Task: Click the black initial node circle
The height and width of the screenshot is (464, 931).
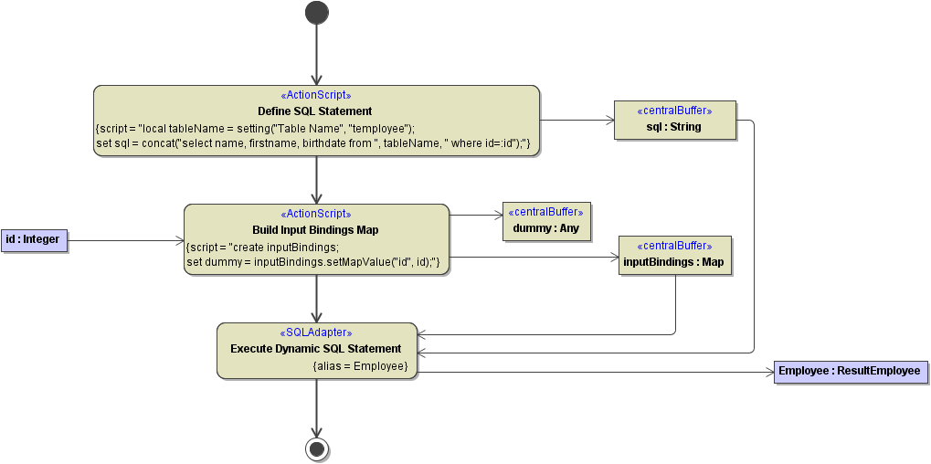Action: pyautogui.click(x=316, y=12)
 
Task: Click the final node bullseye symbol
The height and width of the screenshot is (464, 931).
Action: pyautogui.click(x=316, y=448)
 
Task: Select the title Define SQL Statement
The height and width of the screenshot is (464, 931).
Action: pyautogui.click(x=315, y=111)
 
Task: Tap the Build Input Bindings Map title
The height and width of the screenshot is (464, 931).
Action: pyautogui.click(x=315, y=230)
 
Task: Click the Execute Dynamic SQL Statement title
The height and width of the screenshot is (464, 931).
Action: pyautogui.click(x=315, y=349)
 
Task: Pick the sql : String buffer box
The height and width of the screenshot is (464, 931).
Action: pyautogui.click(x=674, y=127)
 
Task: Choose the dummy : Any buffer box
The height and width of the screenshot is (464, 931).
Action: pyautogui.click(x=546, y=228)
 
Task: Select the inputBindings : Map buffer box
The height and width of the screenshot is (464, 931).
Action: pyautogui.click(x=674, y=261)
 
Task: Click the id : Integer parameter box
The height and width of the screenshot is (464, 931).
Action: pyautogui.click(x=33, y=240)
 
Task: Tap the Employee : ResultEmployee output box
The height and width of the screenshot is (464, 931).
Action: pyautogui.click(x=851, y=372)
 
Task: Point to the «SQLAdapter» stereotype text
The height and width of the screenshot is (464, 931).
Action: pyautogui.click(x=315, y=333)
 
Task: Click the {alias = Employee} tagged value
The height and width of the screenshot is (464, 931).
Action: pyautogui.click(x=360, y=366)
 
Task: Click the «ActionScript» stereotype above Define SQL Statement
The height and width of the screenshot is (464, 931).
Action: pyautogui.click(x=315, y=95)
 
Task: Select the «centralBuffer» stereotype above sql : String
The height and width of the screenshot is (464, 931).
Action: pyautogui.click(x=674, y=111)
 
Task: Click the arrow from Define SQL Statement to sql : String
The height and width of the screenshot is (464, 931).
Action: pyautogui.click(x=577, y=120)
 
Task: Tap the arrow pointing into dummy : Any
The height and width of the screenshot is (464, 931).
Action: pyautogui.click(x=475, y=216)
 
